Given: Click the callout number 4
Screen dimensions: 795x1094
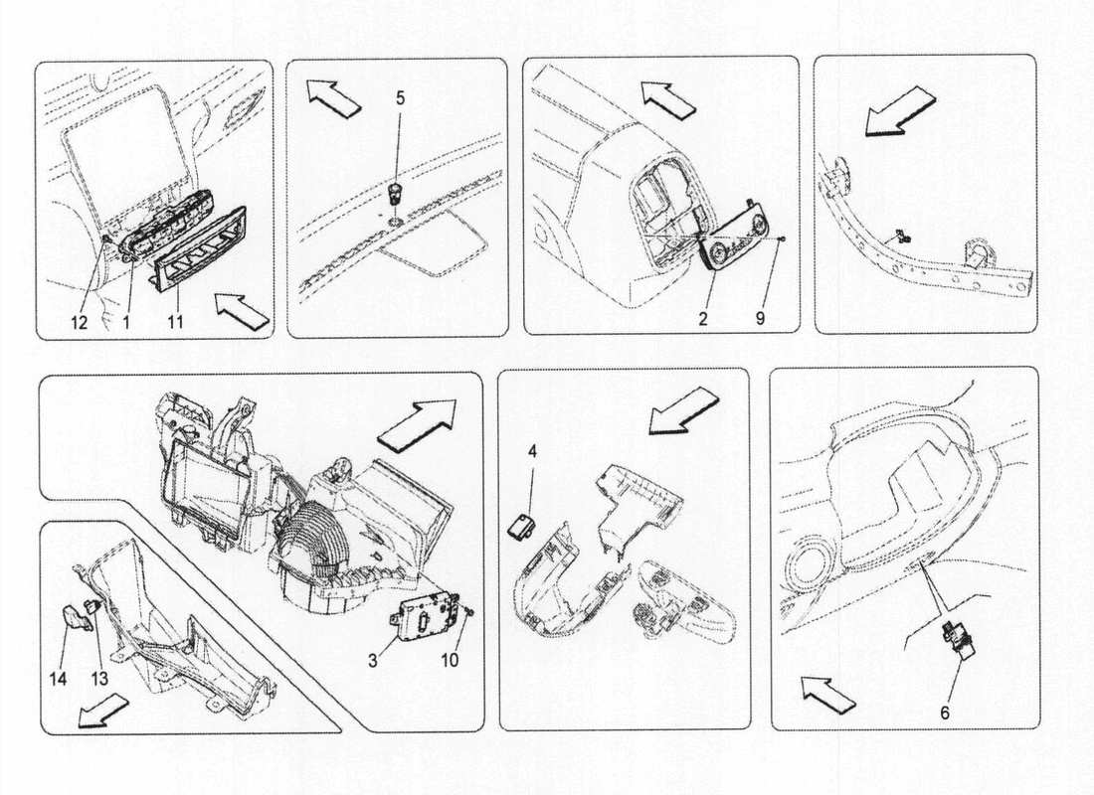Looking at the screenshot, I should (532, 452).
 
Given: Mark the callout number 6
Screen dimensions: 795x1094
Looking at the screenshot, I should (945, 712).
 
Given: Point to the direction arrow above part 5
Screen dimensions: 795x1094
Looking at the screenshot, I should (333, 95).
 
